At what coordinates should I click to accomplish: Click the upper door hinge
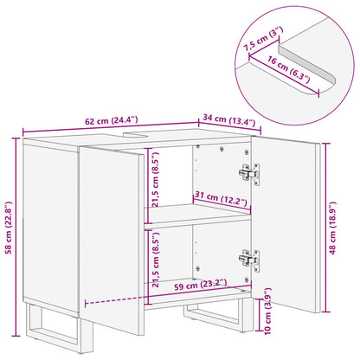click(x=249, y=173)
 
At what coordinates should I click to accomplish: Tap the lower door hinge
click(x=249, y=257)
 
